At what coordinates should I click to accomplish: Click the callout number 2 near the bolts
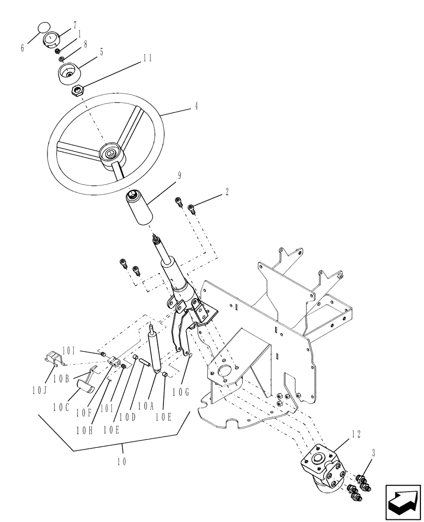227,192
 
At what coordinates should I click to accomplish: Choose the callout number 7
75,25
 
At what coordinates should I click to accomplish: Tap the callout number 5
101,52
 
